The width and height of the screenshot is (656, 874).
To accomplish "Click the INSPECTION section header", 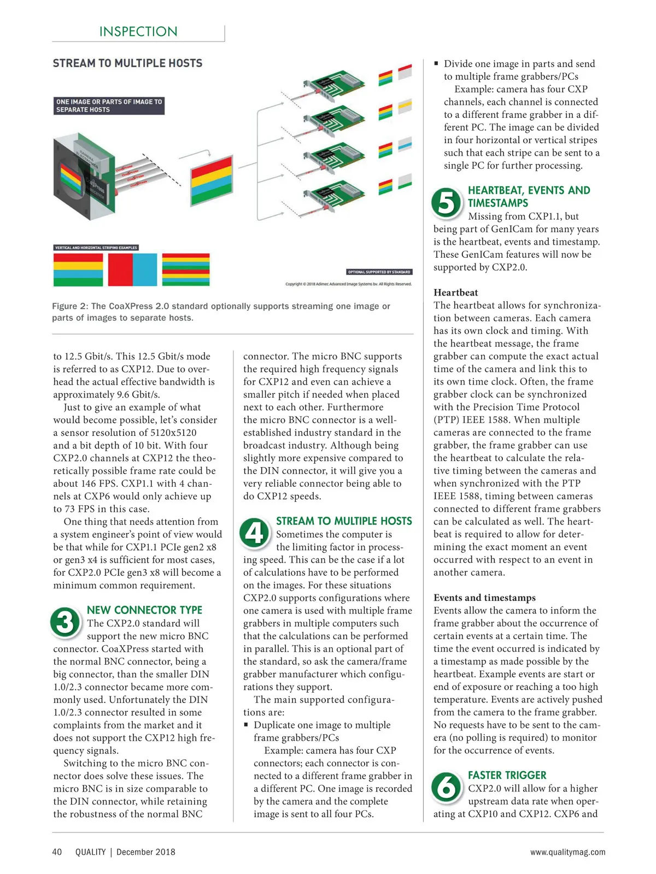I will point(138,32).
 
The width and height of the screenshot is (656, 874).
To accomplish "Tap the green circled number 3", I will point(65,623).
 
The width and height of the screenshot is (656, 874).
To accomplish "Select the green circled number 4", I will point(255,533).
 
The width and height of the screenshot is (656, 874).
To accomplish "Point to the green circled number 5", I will point(447,203).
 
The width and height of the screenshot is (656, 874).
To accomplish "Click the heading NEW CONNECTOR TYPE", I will point(144,610).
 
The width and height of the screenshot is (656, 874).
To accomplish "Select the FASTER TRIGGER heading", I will point(507,775).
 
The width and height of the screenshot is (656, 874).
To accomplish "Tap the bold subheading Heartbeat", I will point(455,292).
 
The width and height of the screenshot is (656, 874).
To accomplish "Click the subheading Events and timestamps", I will point(484,598).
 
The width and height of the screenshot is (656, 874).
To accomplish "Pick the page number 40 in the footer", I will point(57,852).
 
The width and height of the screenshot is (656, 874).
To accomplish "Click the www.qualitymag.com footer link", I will point(567,852).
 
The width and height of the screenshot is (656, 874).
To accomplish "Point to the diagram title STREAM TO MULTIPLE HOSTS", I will point(127,63).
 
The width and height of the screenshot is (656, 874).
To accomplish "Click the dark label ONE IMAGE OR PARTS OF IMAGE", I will point(109,105).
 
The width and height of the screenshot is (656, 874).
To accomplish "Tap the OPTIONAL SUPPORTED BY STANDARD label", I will point(379,271).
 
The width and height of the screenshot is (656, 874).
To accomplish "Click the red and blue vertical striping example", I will point(132,270).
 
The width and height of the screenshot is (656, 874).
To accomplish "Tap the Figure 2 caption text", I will point(221,311).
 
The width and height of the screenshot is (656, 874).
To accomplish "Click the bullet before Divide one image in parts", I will point(436,63).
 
